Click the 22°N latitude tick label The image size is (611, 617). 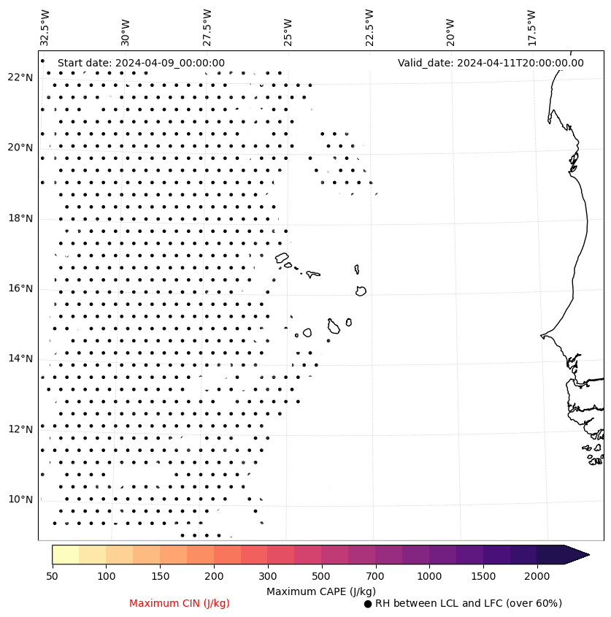20,78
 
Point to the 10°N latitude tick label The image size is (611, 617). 20,500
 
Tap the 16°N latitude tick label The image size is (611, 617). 20,289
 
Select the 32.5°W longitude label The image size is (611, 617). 45,27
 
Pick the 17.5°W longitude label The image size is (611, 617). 532,27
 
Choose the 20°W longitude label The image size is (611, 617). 451,28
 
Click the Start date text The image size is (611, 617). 141,64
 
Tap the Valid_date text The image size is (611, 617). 491,64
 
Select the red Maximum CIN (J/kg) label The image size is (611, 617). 180,604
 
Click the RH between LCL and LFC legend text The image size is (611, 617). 468,604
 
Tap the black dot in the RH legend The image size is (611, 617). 368,604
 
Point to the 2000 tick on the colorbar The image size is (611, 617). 537,577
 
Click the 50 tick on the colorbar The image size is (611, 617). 52,577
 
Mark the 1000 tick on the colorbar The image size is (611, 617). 429,577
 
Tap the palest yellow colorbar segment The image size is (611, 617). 66,555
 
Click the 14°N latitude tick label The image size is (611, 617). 20,359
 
